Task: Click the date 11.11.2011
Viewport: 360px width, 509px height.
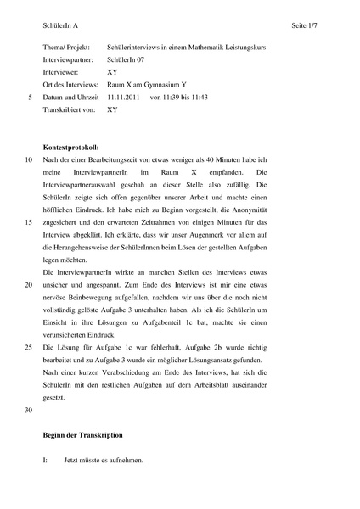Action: (x=124, y=98)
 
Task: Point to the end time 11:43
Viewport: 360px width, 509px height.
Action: (x=195, y=98)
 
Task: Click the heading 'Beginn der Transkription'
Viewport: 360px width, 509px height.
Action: (x=82, y=434)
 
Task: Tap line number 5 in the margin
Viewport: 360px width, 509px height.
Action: (x=30, y=98)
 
